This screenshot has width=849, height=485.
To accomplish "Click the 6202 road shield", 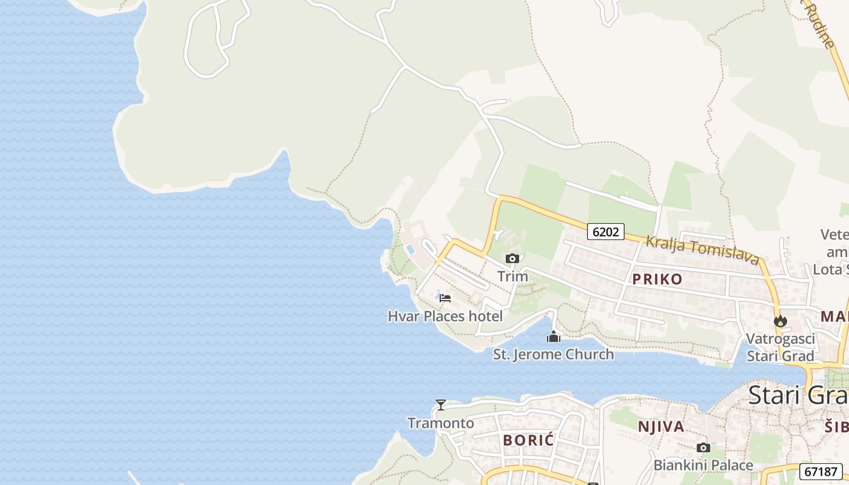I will click(x=605, y=232).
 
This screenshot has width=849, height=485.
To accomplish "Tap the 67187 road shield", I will click(x=820, y=472).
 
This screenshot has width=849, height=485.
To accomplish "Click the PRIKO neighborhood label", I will click(x=657, y=279).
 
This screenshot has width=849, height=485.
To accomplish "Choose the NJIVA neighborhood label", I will click(x=661, y=427).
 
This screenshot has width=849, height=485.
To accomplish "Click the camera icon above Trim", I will click(x=512, y=259).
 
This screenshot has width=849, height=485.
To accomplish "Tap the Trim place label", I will click(x=512, y=276).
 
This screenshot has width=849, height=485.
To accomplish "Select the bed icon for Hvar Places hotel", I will click(x=445, y=298).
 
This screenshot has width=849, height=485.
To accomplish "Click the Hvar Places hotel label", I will click(x=445, y=316).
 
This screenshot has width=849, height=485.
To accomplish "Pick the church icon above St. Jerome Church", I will click(x=553, y=336).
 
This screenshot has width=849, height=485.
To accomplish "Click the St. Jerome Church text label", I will click(x=553, y=354).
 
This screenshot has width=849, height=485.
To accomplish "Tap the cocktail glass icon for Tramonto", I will click(x=441, y=405).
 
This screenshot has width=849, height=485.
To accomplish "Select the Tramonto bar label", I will click(x=441, y=423).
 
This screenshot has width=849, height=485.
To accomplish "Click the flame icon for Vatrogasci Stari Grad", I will click(x=780, y=321).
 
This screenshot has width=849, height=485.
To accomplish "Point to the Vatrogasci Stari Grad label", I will click(x=780, y=347).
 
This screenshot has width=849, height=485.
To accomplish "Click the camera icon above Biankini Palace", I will click(x=703, y=448).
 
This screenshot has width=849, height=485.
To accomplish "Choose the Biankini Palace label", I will click(x=703, y=466).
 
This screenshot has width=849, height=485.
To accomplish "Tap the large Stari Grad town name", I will click(x=798, y=395).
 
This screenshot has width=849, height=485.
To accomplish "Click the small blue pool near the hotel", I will click(x=411, y=249).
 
